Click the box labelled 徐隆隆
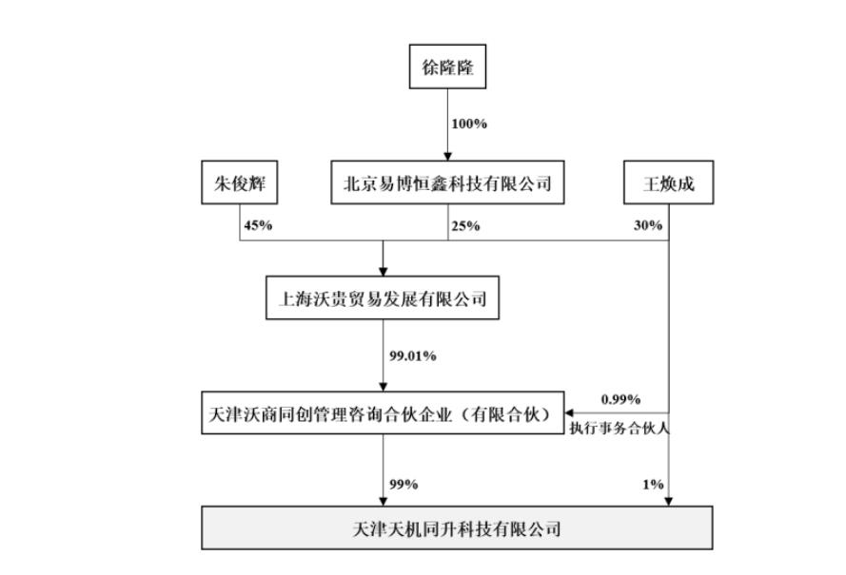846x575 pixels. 447,68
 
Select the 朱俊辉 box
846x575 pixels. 239,183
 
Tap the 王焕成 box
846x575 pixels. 669,183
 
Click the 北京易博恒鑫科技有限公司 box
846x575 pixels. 447,183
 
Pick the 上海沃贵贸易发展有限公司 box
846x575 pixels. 383,298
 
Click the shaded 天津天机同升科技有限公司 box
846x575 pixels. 456,528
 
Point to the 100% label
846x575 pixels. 469,125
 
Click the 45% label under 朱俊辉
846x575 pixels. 259,226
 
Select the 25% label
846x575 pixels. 466,226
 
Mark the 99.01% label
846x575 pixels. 412,355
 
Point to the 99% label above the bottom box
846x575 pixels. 403,485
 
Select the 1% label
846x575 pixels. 653,485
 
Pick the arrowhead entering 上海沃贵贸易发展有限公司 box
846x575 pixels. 383,272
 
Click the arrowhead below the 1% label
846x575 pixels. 669,501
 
